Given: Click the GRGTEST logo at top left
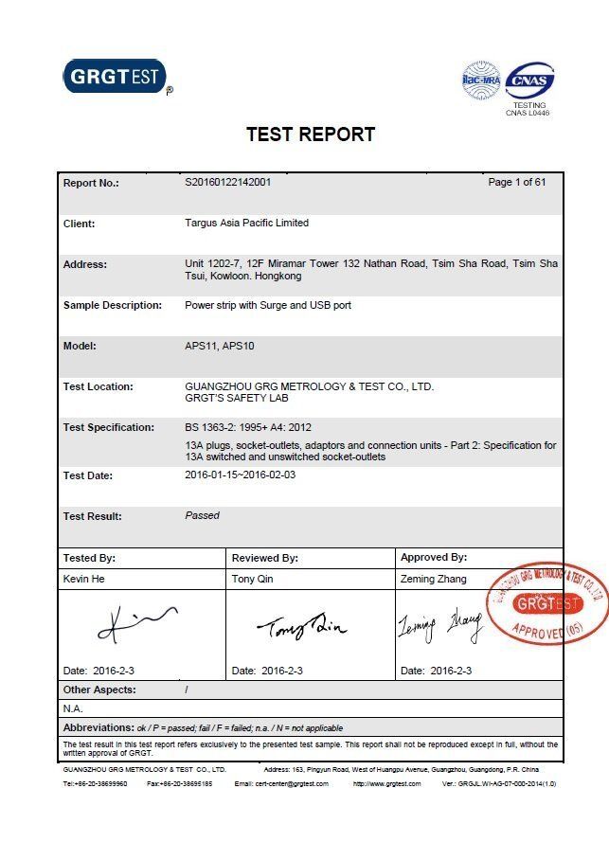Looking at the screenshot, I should pyautogui.click(x=115, y=77).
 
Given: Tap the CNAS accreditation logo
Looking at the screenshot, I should pyautogui.click(x=528, y=81).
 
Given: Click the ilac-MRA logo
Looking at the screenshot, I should pyautogui.click(x=480, y=81).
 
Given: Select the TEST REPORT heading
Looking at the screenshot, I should pyautogui.click(x=311, y=134).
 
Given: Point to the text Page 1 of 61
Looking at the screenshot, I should pyautogui.click(x=516, y=182).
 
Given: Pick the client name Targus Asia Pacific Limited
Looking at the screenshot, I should pyautogui.click(x=246, y=223).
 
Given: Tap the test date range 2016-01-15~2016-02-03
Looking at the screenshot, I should pyautogui.click(x=241, y=475).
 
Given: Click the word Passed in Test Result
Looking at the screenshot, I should pyautogui.click(x=202, y=515).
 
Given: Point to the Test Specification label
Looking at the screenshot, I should pyautogui.click(x=108, y=427).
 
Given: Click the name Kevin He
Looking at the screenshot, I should pyautogui.click(x=83, y=579).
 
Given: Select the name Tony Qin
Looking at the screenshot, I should pyautogui.click(x=252, y=579).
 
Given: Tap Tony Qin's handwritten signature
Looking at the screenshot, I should pyautogui.click(x=301, y=624).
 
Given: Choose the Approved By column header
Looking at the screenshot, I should pyautogui.click(x=433, y=558).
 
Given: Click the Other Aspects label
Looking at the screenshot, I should pyautogui.click(x=99, y=690).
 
